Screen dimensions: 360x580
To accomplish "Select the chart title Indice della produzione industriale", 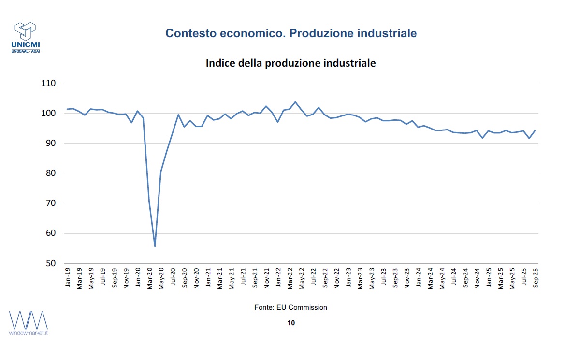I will click(290, 63).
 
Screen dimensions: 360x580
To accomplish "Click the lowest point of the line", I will click(155, 246).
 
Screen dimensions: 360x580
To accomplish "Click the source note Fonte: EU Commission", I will click(290, 307).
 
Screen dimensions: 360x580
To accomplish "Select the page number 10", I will click(290, 323).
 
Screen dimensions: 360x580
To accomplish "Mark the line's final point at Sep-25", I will click(535, 130).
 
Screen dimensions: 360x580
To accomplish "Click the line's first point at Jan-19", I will click(67, 109).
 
